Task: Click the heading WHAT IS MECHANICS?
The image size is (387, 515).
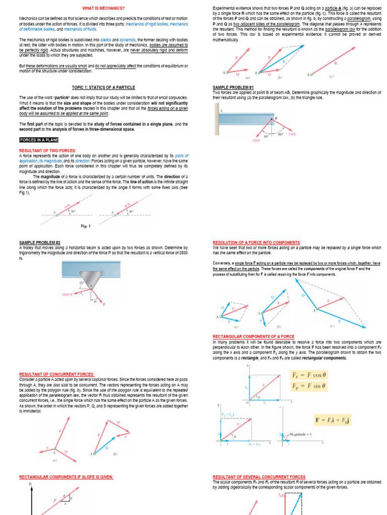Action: (x=103, y=9)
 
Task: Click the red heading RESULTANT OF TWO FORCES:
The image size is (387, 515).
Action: (x=47, y=150)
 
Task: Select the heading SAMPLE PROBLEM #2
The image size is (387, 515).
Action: (x=39, y=242)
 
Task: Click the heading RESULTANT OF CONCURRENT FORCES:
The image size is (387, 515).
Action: (x=56, y=374)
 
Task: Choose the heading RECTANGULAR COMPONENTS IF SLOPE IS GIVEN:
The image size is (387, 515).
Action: (x=66, y=477)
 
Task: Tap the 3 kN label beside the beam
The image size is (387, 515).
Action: (x=306, y=135)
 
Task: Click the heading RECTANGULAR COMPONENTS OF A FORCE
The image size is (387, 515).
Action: (x=253, y=336)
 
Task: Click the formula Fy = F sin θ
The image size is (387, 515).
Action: (x=309, y=386)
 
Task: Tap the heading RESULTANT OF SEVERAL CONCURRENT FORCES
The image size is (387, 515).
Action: (x=259, y=477)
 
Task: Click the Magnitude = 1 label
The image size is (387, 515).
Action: (x=301, y=434)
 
